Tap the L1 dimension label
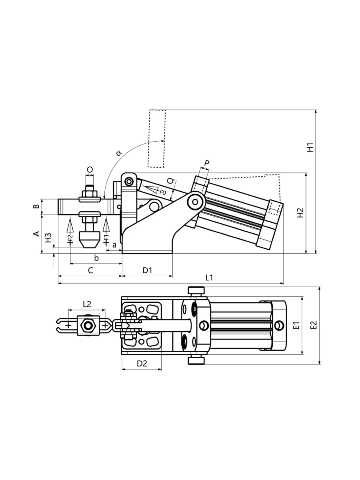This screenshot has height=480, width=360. tap(209, 277)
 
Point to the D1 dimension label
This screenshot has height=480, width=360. tap(147, 271)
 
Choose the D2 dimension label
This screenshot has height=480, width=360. tap(142, 363)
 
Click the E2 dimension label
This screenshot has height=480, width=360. tap(313, 325)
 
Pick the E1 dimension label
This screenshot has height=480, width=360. tap(296, 325)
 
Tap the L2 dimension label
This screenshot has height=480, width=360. tap(87, 304)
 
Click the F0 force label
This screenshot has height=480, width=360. tap(163, 192)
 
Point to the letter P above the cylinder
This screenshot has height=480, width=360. tap(207, 163)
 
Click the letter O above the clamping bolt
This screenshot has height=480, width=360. tap(90, 169)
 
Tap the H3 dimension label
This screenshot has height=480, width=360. tap(48, 238)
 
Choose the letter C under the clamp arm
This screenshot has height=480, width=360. tap(90, 271)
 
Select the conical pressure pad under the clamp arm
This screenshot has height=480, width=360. tap(89, 240)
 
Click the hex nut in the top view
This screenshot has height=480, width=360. tap(88, 326)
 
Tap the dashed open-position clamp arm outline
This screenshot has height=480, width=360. tap(156, 139)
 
